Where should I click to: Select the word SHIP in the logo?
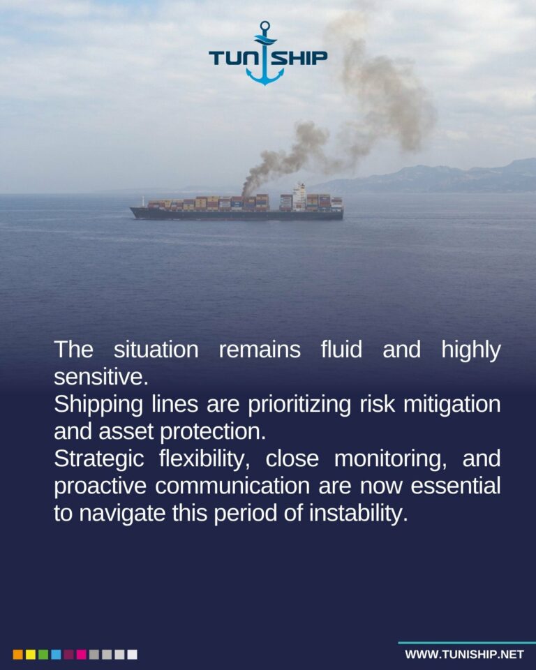299,58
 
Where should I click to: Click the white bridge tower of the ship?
299,197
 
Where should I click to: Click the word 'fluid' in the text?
341,349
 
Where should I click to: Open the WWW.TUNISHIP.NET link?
464,655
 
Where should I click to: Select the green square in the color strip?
43,655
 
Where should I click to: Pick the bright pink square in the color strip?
81,655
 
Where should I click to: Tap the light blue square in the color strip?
56,655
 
